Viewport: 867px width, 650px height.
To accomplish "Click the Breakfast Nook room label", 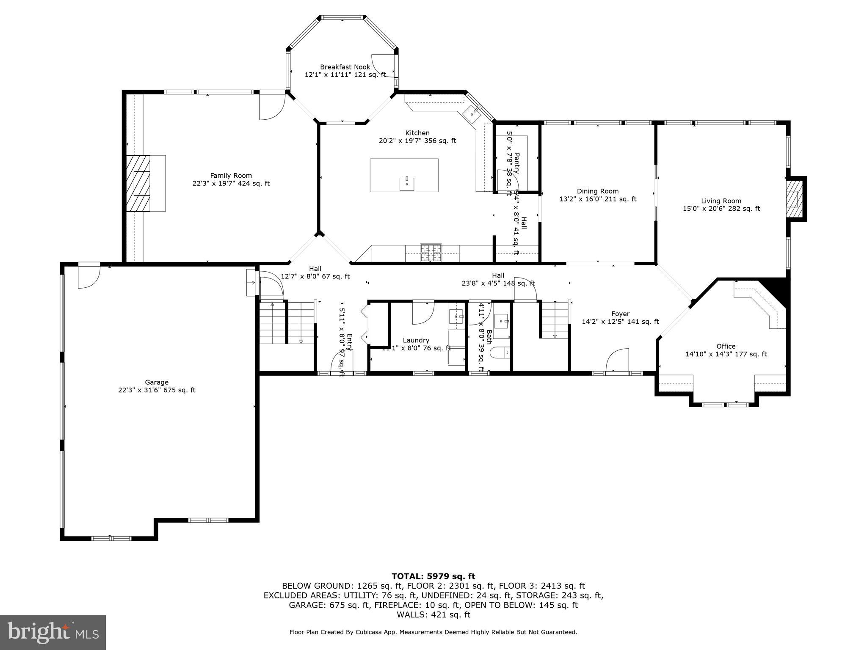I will point(345,67).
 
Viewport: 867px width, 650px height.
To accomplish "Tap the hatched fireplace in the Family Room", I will point(138,183).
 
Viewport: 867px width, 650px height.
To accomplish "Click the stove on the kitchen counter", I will point(431,253).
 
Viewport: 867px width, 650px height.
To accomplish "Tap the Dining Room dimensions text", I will point(597,199).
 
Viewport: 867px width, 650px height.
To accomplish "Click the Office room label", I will point(726,346).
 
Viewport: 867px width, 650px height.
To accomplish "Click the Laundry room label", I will point(416,340).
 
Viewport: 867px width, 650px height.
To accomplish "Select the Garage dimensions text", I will point(157,390).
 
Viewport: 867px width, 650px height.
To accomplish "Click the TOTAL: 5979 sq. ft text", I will point(433,576).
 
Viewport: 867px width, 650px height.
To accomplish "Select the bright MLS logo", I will point(53,632).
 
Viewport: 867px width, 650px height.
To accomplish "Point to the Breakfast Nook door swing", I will point(382,66).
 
